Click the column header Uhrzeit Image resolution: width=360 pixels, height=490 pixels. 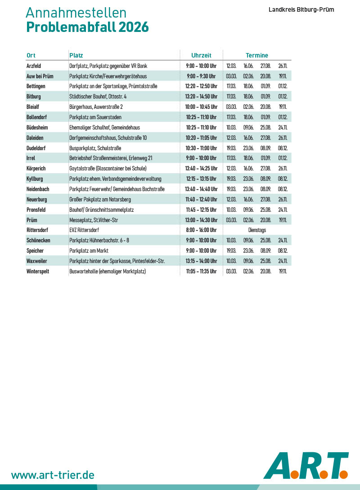click(x=201, y=55)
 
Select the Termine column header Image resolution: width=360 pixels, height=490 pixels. click(x=257, y=55)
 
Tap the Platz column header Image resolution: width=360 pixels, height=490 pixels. click(x=76, y=55)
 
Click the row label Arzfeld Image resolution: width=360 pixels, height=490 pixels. click(x=34, y=66)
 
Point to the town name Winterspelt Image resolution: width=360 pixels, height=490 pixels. click(x=37, y=272)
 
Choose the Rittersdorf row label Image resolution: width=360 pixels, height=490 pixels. click(x=38, y=230)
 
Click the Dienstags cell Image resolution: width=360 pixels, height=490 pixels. click(x=257, y=230)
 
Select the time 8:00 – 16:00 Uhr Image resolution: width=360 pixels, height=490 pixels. click(x=201, y=230)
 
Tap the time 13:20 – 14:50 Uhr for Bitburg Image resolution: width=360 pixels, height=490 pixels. click(x=201, y=97)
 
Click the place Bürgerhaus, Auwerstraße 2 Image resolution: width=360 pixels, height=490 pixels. click(x=96, y=107)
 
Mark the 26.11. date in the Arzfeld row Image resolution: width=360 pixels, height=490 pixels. click(x=283, y=66)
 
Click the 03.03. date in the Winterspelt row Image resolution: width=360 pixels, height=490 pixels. click(x=231, y=272)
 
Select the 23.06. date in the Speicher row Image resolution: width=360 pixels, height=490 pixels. click(x=248, y=251)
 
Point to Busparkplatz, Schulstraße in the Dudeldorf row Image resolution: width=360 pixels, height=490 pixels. click(x=95, y=148)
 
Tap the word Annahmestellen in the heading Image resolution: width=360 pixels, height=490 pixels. click(x=76, y=13)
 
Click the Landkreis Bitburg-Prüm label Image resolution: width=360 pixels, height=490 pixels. click(x=301, y=9)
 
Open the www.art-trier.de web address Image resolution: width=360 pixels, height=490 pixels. click(x=53, y=475)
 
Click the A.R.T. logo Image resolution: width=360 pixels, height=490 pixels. click(x=306, y=465)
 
